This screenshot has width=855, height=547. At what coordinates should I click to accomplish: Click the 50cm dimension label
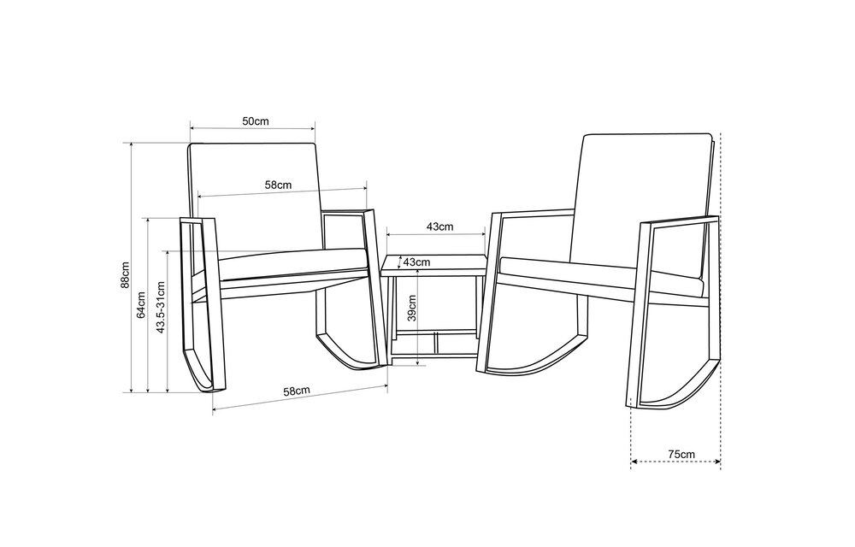click(255, 121)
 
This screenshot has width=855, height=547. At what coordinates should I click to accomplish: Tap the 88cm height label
click(125, 275)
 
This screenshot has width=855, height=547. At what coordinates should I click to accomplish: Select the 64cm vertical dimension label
click(142, 303)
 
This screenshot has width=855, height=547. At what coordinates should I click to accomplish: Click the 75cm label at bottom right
click(681, 454)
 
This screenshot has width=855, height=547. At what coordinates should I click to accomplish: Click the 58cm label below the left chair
click(297, 390)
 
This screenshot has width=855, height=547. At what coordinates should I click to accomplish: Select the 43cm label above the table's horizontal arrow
click(439, 226)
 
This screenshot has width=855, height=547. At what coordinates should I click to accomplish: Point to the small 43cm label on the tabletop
click(416, 261)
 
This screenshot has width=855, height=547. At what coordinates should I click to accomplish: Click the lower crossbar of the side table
click(434, 333)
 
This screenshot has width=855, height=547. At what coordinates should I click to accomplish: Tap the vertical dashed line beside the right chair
click(721, 299)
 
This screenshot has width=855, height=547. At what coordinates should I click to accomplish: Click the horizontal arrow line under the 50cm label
click(252, 131)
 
